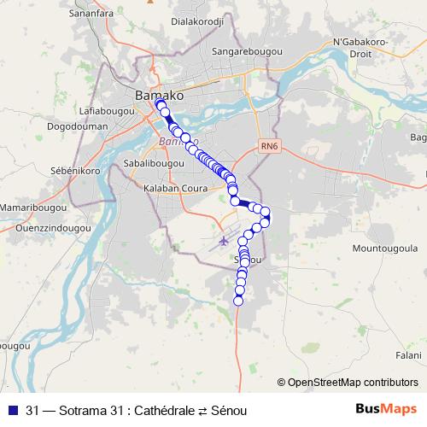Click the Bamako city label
(159, 96)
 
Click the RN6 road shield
(270, 146)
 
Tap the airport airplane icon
(224, 240)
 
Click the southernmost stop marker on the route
(239, 300)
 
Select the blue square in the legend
(12, 411)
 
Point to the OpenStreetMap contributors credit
(348, 382)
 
